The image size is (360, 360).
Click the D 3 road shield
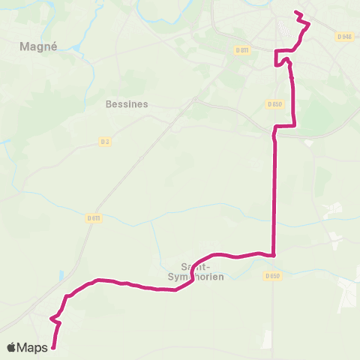click(105, 140)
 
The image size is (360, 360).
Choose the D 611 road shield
click(93, 218)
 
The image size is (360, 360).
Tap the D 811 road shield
click(241, 50)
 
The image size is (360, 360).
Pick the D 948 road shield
click(344, 36)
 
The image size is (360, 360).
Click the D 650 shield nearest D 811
click(276, 104)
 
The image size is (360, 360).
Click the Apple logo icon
click(12, 347)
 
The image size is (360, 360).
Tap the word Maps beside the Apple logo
click(33, 347)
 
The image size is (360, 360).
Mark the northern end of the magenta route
click(295, 12)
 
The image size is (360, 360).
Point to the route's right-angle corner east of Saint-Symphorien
click(274, 255)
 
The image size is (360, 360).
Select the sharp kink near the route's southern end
click(51, 319)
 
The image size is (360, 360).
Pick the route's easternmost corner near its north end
click(309, 25)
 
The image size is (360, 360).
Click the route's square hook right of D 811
click(283, 52)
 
